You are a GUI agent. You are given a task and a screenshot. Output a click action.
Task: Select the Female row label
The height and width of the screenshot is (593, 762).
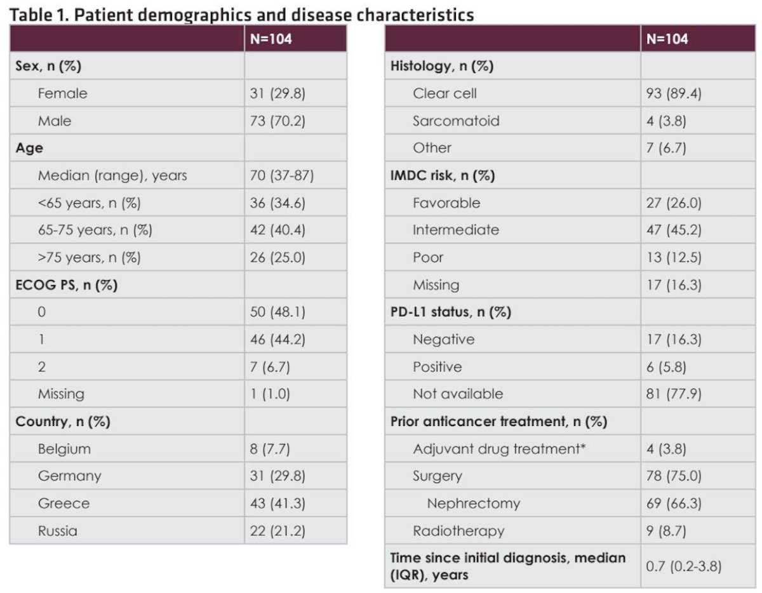pyautogui.click(x=62, y=93)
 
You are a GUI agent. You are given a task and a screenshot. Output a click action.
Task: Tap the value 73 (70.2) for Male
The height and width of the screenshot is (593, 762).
pyautogui.click(x=277, y=121)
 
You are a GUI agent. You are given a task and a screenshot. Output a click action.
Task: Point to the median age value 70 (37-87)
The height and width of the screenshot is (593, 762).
pyautogui.click(x=281, y=175)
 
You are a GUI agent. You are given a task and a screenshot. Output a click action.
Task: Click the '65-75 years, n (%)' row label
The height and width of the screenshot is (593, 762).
pyautogui.click(x=95, y=230)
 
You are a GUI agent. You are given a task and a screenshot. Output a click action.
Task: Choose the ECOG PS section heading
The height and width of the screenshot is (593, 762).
pyautogui.click(x=66, y=285)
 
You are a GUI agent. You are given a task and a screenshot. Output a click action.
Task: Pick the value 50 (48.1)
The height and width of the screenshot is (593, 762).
pyautogui.click(x=277, y=312)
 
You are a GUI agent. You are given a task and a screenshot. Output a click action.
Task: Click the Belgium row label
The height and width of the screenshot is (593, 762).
pyautogui.click(x=64, y=449)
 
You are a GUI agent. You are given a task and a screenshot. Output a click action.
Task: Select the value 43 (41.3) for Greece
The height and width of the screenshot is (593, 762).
pyautogui.click(x=277, y=503)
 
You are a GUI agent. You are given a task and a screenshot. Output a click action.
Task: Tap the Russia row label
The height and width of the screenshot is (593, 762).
pyautogui.click(x=58, y=531)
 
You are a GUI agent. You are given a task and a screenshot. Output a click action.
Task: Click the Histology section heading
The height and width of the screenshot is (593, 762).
pyautogui.click(x=442, y=66)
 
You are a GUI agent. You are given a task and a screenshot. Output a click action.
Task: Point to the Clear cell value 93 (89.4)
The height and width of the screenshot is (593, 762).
pyautogui.click(x=674, y=93)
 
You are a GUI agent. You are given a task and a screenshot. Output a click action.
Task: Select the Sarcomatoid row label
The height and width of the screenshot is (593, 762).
pyautogui.click(x=456, y=121)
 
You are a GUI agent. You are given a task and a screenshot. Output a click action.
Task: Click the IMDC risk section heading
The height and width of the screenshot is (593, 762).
pyautogui.click(x=443, y=175)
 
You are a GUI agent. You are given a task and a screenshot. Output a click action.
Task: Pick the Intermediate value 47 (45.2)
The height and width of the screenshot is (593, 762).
pyautogui.click(x=674, y=230)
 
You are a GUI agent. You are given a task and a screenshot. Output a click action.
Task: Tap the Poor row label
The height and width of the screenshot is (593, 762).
pyautogui.click(x=428, y=258)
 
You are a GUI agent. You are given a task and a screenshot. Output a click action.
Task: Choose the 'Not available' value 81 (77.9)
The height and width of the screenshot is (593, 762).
pyautogui.click(x=674, y=394)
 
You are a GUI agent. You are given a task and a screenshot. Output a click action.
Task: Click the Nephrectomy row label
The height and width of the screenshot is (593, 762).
pyautogui.click(x=474, y=503)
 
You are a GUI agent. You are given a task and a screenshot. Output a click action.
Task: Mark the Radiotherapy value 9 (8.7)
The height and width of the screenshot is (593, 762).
pyautogui.click(x=666, y=531)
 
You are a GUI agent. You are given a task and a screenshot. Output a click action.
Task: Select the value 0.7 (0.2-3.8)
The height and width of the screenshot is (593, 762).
pyautogui.click(x=683, y=566)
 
